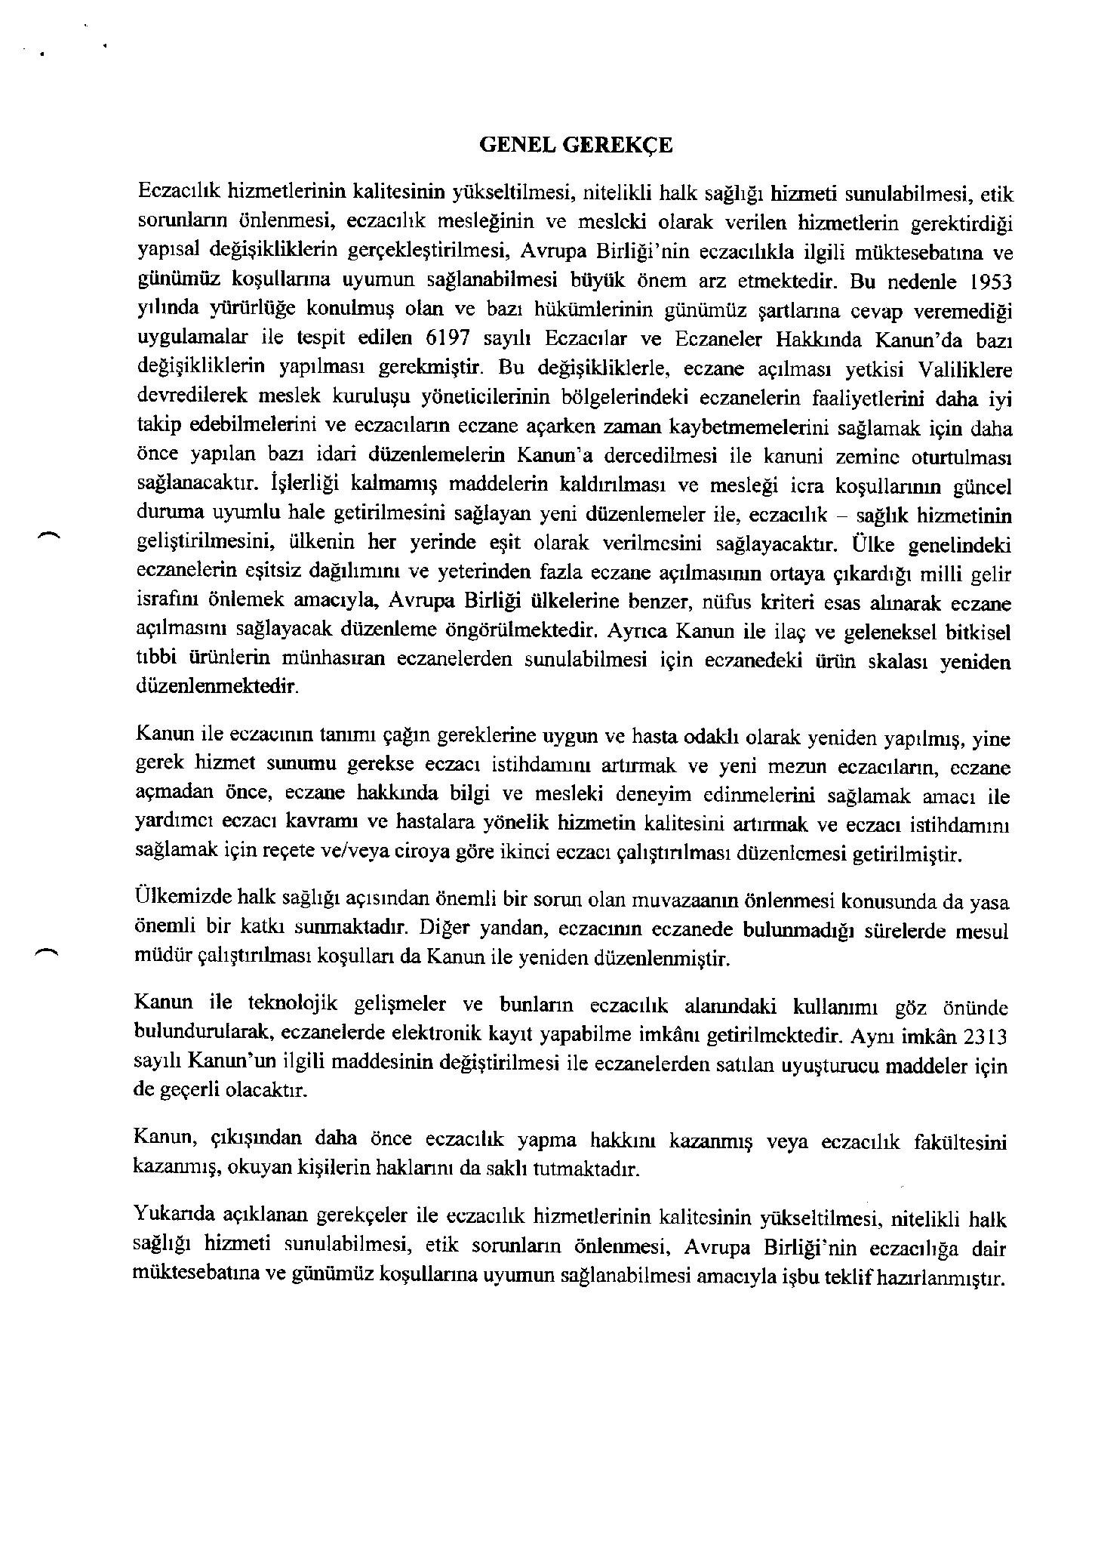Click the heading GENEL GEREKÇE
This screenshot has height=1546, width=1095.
click(575, 146)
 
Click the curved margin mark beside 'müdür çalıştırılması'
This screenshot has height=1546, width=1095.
click(46, 953)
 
